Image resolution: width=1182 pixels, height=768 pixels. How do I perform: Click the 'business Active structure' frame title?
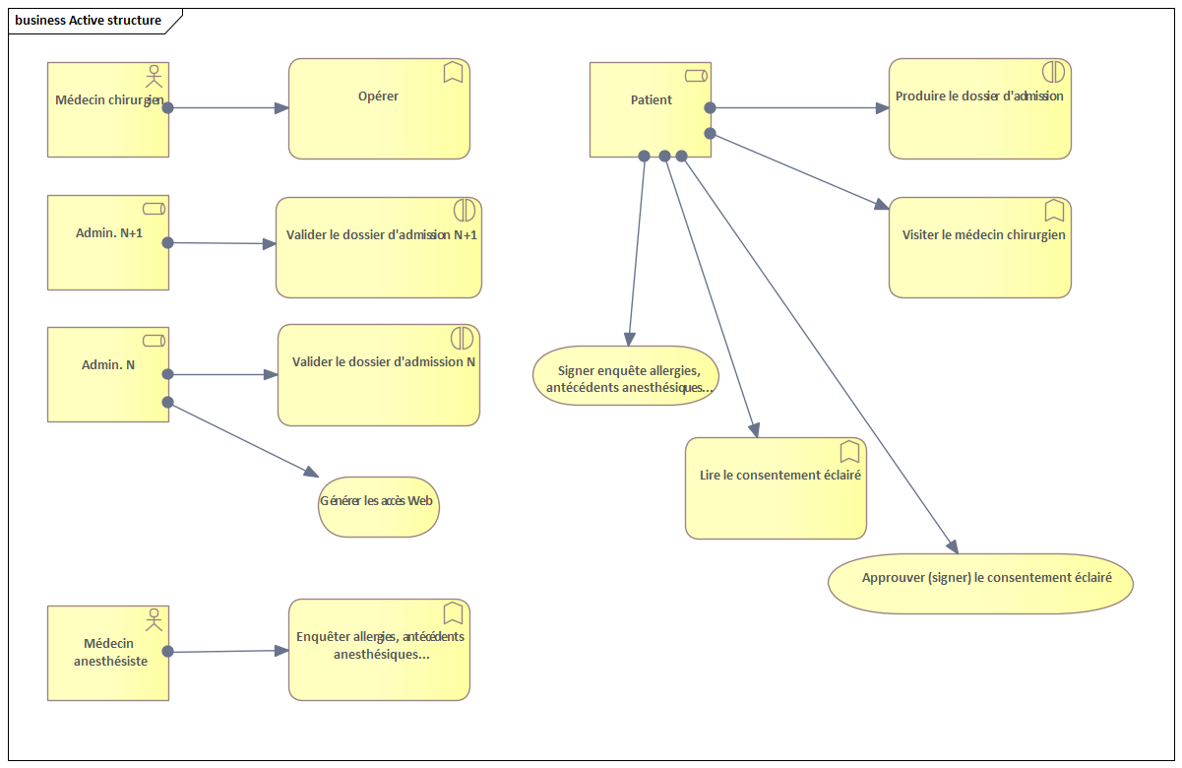click(89, 20)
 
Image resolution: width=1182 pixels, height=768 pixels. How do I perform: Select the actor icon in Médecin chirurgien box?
click(155, 76)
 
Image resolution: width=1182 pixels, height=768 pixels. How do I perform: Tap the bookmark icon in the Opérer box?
click(454, 72)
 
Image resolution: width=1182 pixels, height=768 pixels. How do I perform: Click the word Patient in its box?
click(652, 99)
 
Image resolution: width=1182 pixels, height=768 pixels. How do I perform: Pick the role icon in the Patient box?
click(697, 76)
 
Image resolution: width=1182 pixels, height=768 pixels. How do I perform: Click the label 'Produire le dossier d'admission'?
click(979, 96)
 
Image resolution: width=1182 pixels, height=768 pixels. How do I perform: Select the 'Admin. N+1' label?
click(109, 232)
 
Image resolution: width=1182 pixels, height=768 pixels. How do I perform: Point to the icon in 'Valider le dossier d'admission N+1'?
click(465, 210)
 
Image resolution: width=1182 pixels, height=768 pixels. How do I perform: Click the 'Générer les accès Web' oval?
click(378, 507)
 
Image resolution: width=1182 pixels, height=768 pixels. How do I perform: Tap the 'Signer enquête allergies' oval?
click(626, 376)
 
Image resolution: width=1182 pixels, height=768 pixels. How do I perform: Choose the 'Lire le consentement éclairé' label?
click(779, 475)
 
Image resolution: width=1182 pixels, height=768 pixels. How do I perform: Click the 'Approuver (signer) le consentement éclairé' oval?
click(980, 584)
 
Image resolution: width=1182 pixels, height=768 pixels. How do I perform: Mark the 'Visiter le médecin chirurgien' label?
click(983, 235)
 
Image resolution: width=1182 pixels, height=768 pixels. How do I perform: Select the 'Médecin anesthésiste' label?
click(110, 652)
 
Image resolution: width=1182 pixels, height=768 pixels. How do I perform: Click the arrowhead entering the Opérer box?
click(281, 108)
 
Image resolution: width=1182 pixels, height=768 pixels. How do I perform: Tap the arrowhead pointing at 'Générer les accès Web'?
click(312, 472)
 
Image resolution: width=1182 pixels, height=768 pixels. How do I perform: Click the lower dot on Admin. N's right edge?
click(167, 402)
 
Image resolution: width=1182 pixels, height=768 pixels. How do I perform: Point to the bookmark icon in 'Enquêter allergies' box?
click(454, 612)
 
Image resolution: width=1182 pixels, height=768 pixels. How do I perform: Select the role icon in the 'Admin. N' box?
click(155, 341)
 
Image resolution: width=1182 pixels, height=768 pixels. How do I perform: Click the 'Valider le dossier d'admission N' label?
click(384, 361)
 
